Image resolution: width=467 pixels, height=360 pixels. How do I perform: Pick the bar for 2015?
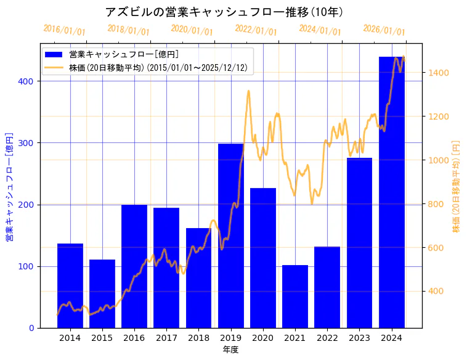tap(102, 293)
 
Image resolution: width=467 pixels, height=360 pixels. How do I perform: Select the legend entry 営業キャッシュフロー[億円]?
tap(123, 54)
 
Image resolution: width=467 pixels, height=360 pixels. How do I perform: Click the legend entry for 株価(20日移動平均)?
tap(158, 68)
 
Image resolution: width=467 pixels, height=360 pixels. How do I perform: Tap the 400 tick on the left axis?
tap(29, 81)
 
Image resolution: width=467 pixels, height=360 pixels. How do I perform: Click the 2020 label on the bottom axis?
tap(263, 338)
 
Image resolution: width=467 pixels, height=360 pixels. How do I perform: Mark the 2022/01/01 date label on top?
tap(256, 30)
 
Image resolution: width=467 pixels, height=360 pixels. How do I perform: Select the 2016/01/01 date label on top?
tap(65, 30)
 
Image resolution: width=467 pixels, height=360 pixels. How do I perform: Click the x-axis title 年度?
tap(231, 350)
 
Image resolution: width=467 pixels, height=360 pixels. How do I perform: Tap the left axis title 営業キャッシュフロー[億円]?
tap(9, 186)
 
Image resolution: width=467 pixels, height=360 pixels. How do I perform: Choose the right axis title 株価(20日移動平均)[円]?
tap(457, 186)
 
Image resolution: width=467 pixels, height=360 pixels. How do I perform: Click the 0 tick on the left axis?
tap(31, 328)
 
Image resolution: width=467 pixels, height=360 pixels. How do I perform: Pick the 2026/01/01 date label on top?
tap(384, 30)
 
